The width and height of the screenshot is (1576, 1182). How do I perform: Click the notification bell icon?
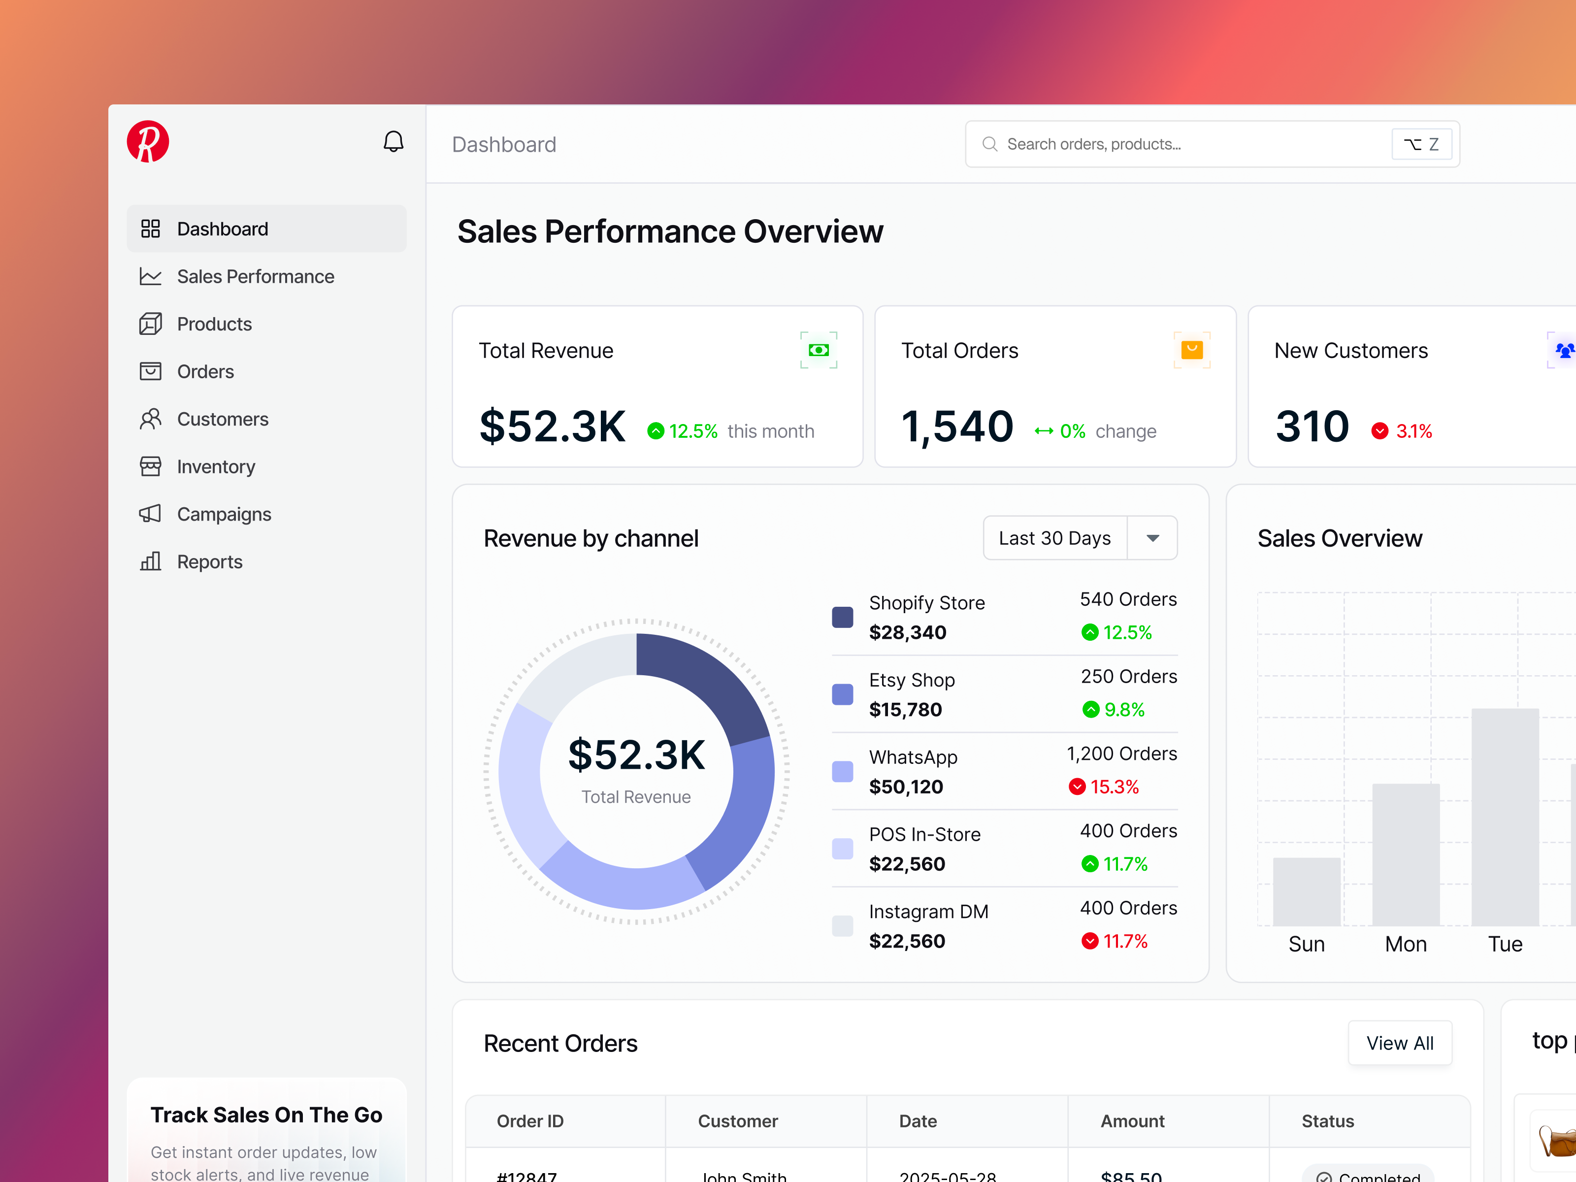click(x=394, y=142)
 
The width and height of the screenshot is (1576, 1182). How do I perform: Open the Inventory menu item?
click(x=215, y=467)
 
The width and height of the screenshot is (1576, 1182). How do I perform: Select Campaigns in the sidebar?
click(x=224, y=514)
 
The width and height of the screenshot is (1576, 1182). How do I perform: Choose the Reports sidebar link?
click(x=209, y=562)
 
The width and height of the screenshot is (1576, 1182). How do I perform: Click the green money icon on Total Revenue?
click(x=819, y=350)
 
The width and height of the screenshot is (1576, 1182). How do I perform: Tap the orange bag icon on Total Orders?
click(x=1191, y=350)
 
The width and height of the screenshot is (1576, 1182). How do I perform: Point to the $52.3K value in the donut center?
click(x=636, y=755)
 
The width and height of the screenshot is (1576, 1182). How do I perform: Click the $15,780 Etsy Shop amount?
click(x=905, y=710)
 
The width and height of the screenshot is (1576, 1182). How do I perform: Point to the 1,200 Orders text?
click(x=1121, y=754)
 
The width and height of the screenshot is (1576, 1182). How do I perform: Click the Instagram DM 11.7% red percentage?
click(x=1124, y=941)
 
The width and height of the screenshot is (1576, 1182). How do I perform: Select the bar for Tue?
click(x=1505, y=820)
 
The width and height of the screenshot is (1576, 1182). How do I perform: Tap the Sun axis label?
click(x=1306, y=944)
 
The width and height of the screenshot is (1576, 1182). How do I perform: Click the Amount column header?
click(x=1132, y=1121)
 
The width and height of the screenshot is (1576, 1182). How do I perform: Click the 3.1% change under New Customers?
click(x=1413, y=431)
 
